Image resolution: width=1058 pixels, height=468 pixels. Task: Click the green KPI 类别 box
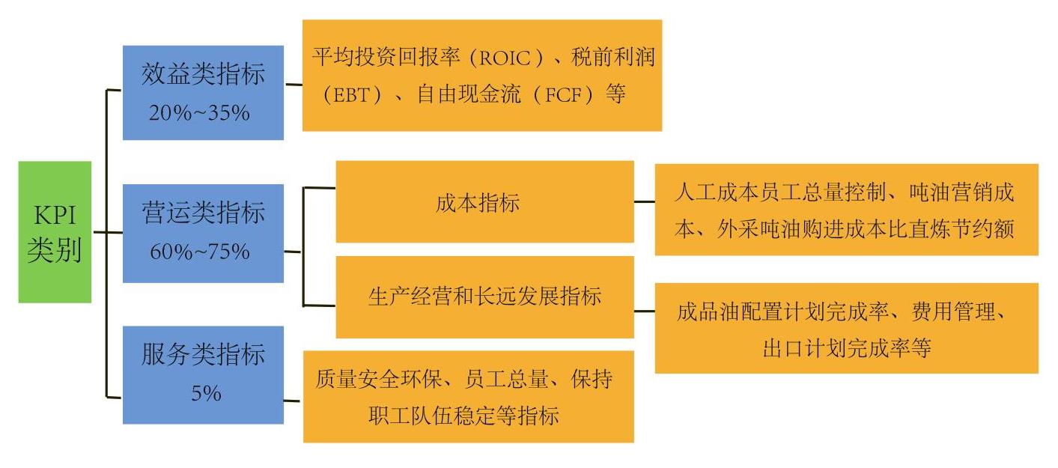(x=55, y=232)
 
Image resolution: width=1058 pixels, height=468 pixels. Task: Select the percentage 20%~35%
(x=199, y=113)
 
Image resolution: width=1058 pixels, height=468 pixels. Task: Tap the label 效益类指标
(x=203, y=74)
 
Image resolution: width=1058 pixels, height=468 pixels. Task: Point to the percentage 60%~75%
(x=200, y=252)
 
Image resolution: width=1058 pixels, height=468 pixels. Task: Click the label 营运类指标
(x=203, y=213)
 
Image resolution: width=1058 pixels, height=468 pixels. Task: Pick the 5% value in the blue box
(x=206, y=393)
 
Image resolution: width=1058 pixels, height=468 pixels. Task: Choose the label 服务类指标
(x=203, y=354)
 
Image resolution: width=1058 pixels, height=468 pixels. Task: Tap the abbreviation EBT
(x=352, y=95)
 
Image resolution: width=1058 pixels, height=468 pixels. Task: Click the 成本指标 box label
(x=478, y=203)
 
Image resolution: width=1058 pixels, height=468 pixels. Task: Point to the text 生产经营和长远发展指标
(x=484, y=297)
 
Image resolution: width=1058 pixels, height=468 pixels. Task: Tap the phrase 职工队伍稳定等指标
(x=463, y=416)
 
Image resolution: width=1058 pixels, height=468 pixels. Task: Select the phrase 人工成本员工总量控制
(x=779, y=192)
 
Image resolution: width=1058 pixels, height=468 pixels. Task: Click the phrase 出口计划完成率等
(x=846, y=348)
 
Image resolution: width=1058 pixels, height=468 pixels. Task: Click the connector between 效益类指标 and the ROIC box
(x=294, y=85)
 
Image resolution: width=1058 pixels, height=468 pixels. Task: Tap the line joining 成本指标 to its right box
(x=644, y=201)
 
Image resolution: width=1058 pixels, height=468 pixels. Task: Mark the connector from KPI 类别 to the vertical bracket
(x=100, y=232)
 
